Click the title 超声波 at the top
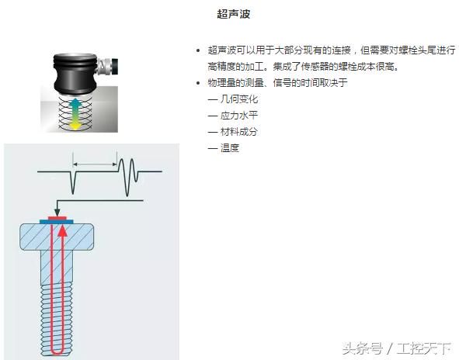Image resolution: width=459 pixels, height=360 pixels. point(233,14)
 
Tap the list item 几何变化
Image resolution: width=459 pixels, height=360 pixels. point(239,99)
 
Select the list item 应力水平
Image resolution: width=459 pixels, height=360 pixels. point(239,116)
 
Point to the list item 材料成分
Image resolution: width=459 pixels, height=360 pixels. point(239,132)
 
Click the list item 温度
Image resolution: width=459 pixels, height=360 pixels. point(230,148)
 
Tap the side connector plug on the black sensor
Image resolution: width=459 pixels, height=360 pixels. point(109,67)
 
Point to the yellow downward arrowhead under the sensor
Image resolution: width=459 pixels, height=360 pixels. point(75,126)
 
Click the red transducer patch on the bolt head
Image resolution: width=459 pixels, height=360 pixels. point(57,218)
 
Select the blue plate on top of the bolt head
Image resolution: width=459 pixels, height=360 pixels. point(57,222)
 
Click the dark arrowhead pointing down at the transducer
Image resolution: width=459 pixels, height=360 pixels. point(57,212)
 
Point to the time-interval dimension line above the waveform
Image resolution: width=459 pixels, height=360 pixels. point(95,164)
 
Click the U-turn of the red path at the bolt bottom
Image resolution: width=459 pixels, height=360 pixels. point(57,351)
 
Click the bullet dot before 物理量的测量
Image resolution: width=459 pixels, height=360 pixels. point(198,83)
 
